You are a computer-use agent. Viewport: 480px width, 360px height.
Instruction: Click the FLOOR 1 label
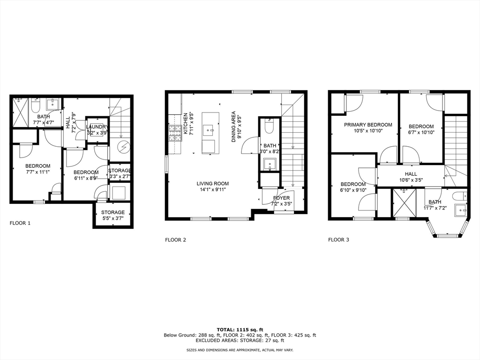20,223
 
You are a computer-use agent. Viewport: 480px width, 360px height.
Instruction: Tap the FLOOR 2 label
175,240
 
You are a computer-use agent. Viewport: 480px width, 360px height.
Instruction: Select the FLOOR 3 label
338,240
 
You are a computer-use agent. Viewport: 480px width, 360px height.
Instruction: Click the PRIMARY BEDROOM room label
368,125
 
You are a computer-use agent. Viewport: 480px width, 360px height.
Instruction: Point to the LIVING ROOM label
213,183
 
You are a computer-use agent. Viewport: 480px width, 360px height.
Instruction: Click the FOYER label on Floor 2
281,198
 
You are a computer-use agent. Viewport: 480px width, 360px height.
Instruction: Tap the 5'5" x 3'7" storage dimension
112,219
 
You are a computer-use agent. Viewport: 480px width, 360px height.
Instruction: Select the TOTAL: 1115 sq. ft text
240,329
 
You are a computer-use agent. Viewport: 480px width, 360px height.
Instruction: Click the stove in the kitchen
174,133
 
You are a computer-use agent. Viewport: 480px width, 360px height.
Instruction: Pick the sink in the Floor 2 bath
270,164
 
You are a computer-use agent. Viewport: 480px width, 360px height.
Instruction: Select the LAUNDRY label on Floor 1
97,127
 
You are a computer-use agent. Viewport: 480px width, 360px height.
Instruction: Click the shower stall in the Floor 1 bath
21,112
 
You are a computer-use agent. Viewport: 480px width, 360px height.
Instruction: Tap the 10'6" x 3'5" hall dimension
411,180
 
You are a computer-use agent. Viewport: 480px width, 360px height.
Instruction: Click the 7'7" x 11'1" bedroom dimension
37,172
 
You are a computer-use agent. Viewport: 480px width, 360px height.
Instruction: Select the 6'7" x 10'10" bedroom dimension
421,133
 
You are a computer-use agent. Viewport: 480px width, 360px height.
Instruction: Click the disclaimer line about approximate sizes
240,350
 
